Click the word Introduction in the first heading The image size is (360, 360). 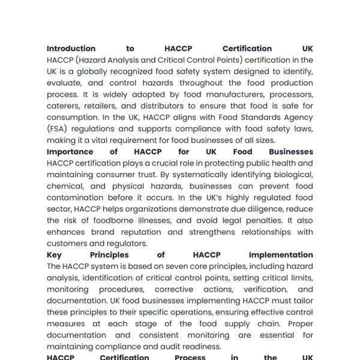coord(71,49)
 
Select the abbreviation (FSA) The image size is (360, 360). coord(58,129)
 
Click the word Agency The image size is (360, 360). coord(296,118)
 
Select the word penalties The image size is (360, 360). coord(273,221)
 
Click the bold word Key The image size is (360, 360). coord(55,255)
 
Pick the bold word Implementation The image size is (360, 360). coord(281,255)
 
